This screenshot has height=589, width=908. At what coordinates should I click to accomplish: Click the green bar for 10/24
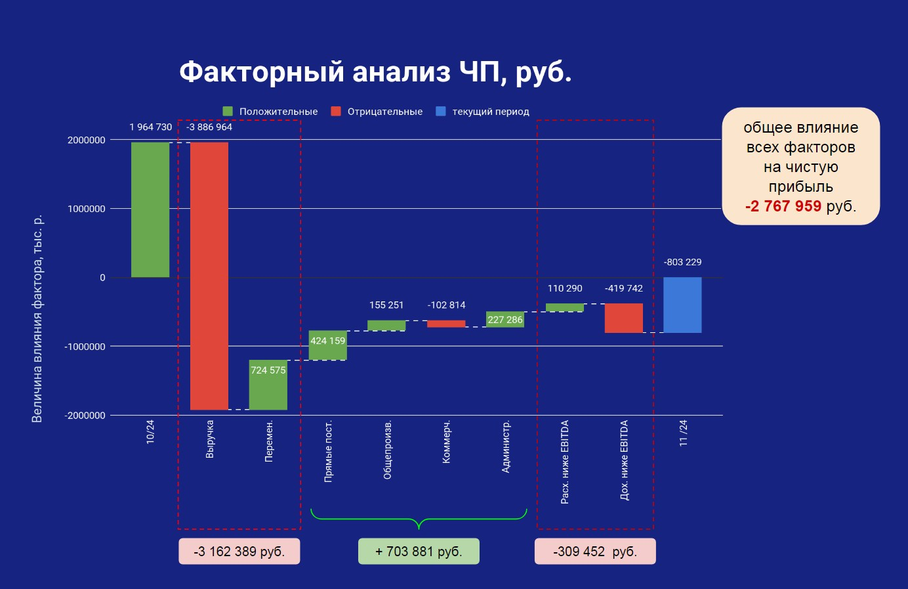150,209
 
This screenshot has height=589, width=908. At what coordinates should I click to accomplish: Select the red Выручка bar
209,276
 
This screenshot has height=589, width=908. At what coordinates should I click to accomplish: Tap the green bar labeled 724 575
268,385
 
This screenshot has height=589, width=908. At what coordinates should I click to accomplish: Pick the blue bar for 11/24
682,305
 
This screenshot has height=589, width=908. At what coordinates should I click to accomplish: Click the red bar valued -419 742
624,318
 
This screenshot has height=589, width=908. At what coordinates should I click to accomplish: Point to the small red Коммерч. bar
446,324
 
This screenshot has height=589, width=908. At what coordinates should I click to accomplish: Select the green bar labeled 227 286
505,319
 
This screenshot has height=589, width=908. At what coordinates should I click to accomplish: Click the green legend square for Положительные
228,112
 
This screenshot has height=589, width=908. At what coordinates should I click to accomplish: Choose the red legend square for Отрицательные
336,112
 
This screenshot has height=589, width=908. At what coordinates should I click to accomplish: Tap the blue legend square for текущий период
441,112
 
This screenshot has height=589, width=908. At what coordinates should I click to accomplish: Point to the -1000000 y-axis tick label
85,347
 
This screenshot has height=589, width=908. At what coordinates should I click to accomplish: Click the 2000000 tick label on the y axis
86,140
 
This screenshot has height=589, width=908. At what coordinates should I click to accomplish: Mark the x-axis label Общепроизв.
388,449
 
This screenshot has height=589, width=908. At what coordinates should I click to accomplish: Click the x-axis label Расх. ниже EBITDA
565,462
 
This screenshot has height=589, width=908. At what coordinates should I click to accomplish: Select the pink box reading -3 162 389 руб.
239,552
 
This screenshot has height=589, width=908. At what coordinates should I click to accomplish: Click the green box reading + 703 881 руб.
419,552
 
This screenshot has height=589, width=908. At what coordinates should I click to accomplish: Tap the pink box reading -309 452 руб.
595,552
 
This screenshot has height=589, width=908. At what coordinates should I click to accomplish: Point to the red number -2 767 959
783,206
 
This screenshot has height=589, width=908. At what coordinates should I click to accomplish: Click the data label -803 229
682,262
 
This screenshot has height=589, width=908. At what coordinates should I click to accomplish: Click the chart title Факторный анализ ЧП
375,72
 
